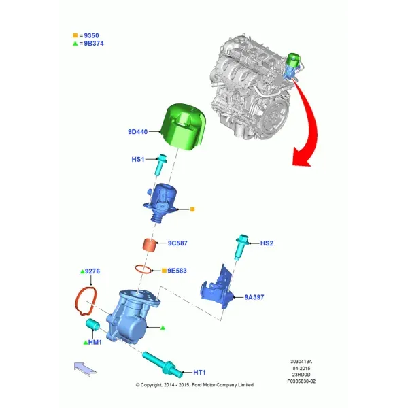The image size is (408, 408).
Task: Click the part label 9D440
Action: tap(137, 132)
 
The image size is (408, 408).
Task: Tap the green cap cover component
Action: tap(184, 127)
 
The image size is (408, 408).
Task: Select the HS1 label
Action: tap(137, 159)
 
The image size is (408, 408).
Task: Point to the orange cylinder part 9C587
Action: tap(150, 245)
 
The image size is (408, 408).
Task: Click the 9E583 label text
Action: tap(177, 271)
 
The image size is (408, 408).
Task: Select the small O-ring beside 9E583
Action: tap(143, 269)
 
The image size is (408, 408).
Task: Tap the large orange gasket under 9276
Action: tap(86, 301)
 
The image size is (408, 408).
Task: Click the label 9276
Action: tap(92, 271)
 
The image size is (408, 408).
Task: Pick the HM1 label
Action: tap(95, 342)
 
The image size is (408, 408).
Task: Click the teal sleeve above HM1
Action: tap(92, 324)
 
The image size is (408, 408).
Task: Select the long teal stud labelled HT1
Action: tap(163, 364)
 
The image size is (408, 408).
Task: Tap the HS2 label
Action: tap(267, 243)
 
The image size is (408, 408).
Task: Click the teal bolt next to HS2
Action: tap(241, 247)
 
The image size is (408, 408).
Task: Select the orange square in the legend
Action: tap(75, 35)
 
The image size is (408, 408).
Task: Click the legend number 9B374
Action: tap(94, 44)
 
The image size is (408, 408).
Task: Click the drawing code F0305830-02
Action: tap(301, 381)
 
